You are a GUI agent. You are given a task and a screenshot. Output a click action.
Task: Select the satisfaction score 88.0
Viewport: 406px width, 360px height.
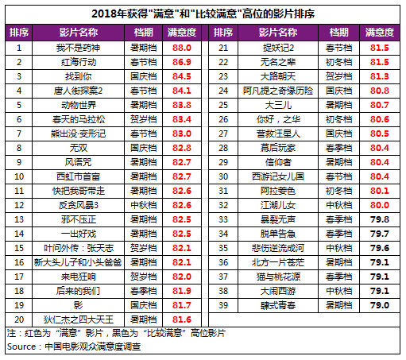click(x=181, y=48)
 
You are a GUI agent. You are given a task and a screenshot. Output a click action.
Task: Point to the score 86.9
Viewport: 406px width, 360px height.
click(x=181, y=62)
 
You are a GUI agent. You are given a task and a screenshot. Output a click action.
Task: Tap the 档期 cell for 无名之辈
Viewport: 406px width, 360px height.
click(x=338, y=62)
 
